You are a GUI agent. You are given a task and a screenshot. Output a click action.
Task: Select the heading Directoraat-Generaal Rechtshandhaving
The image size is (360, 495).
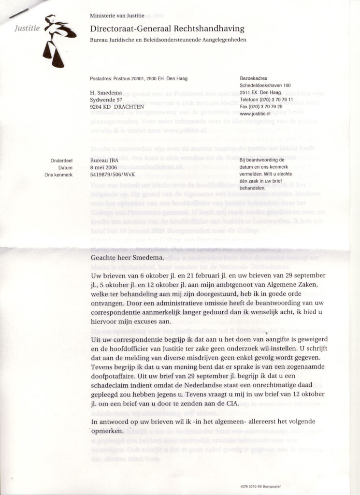[167, 29]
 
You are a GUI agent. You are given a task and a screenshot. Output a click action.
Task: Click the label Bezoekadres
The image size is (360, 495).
[253, 78]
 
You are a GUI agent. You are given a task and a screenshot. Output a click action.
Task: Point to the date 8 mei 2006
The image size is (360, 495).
[104, 167]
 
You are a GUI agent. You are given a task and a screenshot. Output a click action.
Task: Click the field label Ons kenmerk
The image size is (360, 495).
[58, 175]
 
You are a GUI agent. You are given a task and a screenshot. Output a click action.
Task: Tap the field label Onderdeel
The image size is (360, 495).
[61, 160]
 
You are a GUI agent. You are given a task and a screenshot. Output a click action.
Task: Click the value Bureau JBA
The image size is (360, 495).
[104, 160]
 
